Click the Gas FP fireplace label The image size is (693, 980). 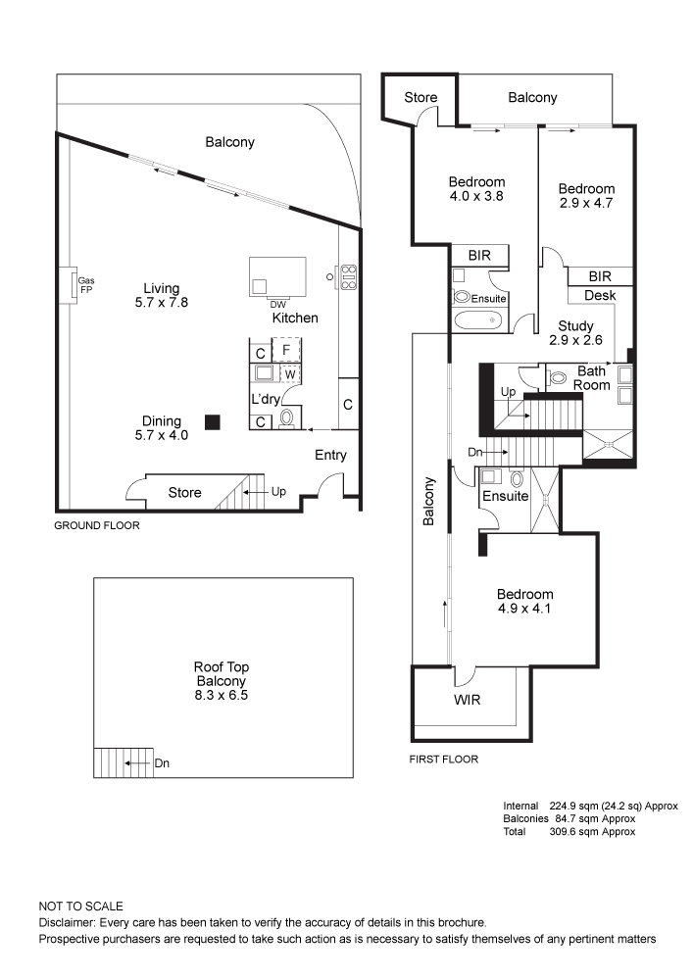(x=86, y=285)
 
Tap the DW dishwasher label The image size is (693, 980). (x=278, y=305)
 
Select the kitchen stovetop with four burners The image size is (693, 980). (x=348, y=277)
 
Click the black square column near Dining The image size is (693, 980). (x=213, y=422)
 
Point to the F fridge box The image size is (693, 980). (x=287, y=350)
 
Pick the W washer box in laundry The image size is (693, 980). (x=290, y=374)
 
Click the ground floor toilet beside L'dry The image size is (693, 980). (x=287, y=418)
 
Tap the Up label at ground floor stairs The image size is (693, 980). (x=278, y=491)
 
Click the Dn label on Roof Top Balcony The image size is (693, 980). (x=162, y=763)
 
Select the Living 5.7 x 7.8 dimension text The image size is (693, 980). (x=161, y=303)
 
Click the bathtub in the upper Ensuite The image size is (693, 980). (x=478, y=320)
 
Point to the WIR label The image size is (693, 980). (x=468, y=700)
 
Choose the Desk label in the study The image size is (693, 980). (x=600, y=295)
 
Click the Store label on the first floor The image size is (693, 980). (x=421, y=97)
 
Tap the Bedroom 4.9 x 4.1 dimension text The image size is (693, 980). (x=525, y=609)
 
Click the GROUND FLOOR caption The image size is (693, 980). (x=97, y=525)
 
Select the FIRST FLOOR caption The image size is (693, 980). (x=444, y=759)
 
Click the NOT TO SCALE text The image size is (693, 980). (x=81, y=906)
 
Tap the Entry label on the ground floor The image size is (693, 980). (x=330, y=455)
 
